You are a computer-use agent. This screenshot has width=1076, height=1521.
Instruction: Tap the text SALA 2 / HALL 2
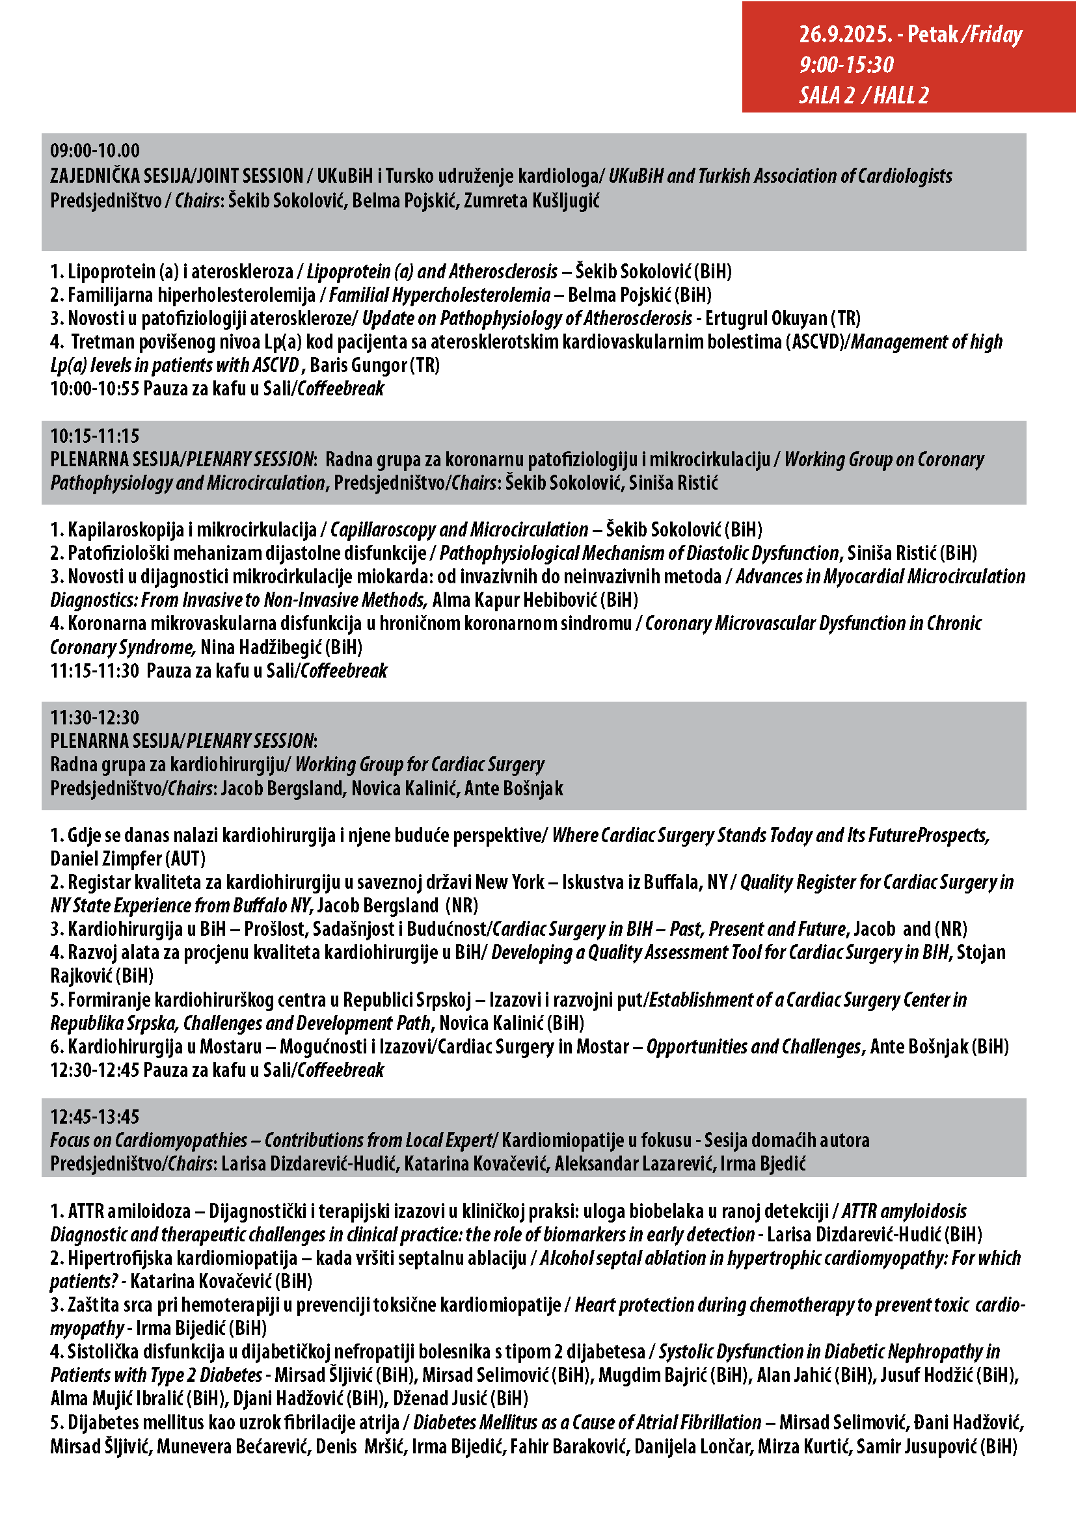pos(863,96)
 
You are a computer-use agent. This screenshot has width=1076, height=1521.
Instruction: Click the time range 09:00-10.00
pos(95,151)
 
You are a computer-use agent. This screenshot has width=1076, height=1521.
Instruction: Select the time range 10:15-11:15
pos(95,436)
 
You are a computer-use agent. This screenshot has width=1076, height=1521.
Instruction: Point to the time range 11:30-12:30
pos(95,717)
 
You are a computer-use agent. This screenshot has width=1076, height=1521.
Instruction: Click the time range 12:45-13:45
pos(95,1117)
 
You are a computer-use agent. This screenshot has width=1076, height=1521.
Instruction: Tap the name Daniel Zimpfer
pos(106,858)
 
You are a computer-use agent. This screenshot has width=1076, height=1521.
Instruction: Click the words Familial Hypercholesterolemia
pos(440,295)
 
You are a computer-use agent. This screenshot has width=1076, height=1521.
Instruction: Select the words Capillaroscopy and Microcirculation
pos(459,530)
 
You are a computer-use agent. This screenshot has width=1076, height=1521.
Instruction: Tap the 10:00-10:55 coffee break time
pos(95,389)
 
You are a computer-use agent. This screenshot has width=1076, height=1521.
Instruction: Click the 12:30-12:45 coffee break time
pos(95,1070)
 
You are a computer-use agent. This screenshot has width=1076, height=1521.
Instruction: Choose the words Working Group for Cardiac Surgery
pos(420,765)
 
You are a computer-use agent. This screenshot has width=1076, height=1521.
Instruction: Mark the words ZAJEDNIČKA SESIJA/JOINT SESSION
pos(176,176)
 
